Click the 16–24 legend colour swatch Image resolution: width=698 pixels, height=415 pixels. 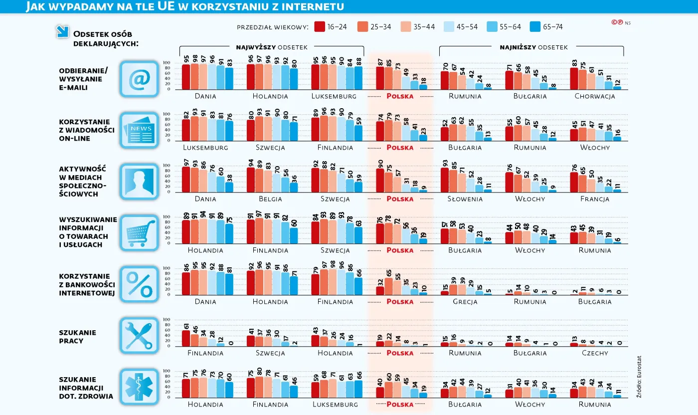pyautogui.click(x=320, y=27)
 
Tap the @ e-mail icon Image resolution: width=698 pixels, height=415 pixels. pyautogui.click(x=139, y=79)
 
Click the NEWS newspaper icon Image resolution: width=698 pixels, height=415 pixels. pyautogui.click(x=139, y=130)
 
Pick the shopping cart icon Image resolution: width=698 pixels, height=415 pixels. pyautogui.click(x=139, y=232)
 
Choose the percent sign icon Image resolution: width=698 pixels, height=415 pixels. pyautogui.click(x=139, y=284)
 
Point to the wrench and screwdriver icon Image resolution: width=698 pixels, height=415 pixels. pyautogui.click(x=139, y=335)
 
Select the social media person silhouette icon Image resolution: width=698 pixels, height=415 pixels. pyautogui.click(x=139, y=181)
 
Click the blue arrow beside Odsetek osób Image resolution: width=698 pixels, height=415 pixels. pyautogui.click(x=62, y=32)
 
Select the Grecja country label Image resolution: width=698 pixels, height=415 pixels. pyautogui.click(x=465, y=302)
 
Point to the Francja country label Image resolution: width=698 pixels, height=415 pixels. pyautogui.click(x=594, y=199)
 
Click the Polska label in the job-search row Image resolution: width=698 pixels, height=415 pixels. pyautogui.click(x=400, y=353)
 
